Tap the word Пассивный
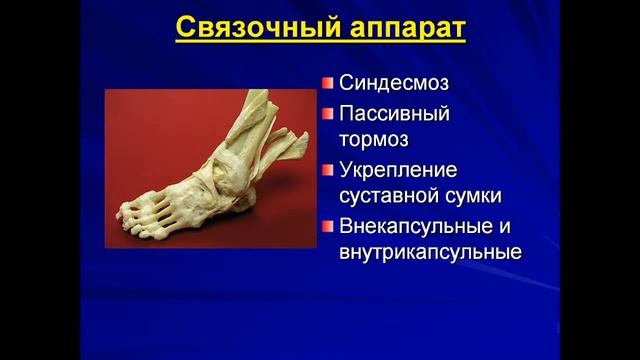click(394, 111)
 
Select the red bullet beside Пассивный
click(328, 112)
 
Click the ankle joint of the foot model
click(235, 165)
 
